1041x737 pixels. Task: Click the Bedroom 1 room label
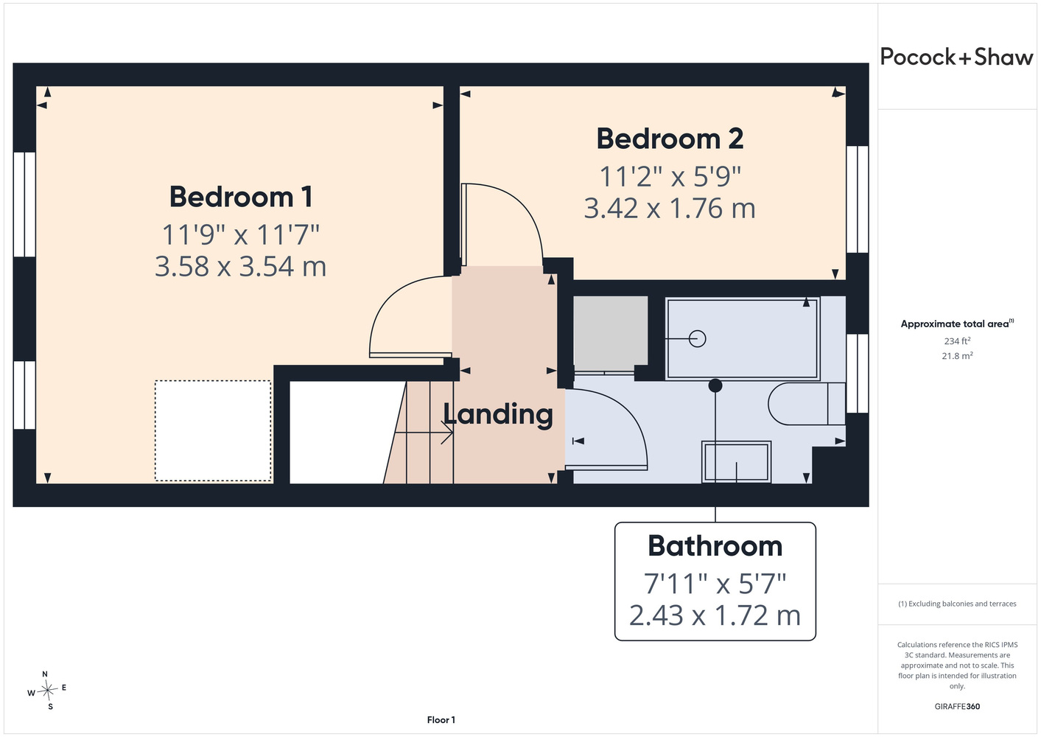pyautogui.click(x=240, y=197)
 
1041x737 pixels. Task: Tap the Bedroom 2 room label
pyautogui.click(x=670, y=139)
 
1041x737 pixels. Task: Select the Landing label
pyautogui.click(x=498, y=414)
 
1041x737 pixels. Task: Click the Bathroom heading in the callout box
pyautogui.click(x=715, y=546)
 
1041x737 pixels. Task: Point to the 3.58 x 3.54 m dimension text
pyautogui.click(x=240, y=267)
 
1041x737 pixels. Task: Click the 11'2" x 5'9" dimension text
pyautogui.click(x=670, y=177)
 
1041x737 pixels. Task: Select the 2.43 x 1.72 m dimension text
pyautogui.click(x=715, y=615)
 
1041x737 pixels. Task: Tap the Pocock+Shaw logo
pyautogui.click(x=956, y=57)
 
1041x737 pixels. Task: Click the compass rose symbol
pyautogui.click(x=47, y=690)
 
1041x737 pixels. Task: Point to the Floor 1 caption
pyautogui.click(x=441, y=720)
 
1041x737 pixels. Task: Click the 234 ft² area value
pyautogui.click(x=957, y=340)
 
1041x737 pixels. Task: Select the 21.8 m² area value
pyautogui.click(x=957, y=356)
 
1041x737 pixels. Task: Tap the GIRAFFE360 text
pyautogui.click(x=957, y=706)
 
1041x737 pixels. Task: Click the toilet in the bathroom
pyautogui.click(x=806, y=404)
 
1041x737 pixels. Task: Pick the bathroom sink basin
pyautogui.click(x=736, y=461)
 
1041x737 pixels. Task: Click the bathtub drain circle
pyautogui.click(x=697, y=338)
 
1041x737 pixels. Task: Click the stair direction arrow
pyautogui.click(x=424, y=433)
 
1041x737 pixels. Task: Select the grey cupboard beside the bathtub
pyautogui.click(x=610, y=331)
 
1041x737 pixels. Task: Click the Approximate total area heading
pyautogui.click(x=957, y=324)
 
